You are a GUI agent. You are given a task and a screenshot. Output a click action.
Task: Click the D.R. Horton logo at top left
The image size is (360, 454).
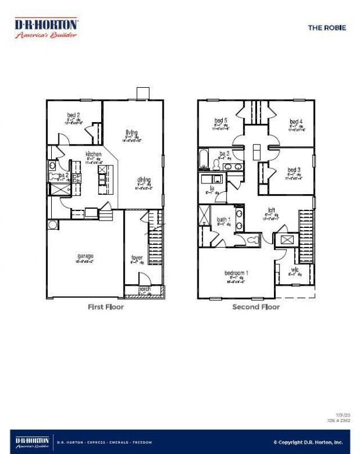(x=46, y=28)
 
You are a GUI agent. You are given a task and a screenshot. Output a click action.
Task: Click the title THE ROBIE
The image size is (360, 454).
(x=327, y=27)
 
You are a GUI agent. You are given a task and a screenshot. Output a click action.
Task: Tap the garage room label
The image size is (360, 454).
(x=85, y=257)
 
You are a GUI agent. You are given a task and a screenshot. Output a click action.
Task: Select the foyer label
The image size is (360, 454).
(x=137, y=258)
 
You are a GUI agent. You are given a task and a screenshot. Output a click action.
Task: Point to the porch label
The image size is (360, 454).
(x=144, y=289)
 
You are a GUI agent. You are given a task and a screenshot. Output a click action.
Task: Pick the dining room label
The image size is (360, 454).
(x=143, y=181)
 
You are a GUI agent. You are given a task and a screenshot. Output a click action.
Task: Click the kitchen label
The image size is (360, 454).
(x=93, y=154)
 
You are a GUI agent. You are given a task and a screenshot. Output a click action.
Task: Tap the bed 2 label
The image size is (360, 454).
(x=74, y=115)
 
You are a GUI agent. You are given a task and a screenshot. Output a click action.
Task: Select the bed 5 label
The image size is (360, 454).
(x=220, y=120)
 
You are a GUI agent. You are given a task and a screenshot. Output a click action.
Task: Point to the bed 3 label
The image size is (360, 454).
(x=294, y=170)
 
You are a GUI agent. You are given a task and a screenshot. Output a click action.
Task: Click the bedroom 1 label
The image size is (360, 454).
(x=236, y=273)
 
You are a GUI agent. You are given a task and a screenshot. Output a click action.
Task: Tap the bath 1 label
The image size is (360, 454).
(x=223, y=219)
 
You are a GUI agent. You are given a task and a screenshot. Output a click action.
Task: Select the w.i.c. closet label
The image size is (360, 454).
(x=294, y=269)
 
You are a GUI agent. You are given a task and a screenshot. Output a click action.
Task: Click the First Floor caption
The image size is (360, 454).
(x=106, y=307)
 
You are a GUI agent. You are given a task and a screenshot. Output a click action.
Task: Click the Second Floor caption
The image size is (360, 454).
(x=256, y=307)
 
